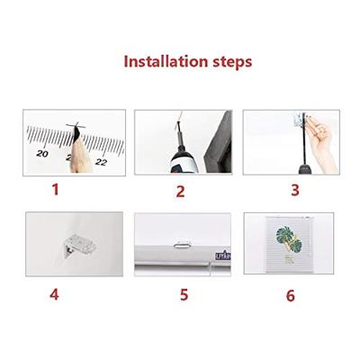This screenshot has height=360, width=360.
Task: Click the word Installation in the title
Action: click(x=166, y=61)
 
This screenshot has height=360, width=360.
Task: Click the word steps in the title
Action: click(x=232, y=62)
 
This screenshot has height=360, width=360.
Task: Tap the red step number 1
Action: click(x=55, y=190)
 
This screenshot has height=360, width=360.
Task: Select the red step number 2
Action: click(x=180, y=192)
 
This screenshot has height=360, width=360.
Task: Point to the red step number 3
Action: click(x=295, y=190)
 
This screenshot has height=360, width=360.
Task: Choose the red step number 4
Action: click(x=54, y=294)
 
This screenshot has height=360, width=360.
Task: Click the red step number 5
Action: click(x=184, y=294)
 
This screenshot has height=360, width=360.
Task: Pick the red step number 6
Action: click(x=291, y=295)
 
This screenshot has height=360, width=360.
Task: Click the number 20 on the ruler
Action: click(x=42, y=154)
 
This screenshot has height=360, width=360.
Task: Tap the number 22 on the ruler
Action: click(x=102, y=162)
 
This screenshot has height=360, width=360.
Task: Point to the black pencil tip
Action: click(x=76, y=133)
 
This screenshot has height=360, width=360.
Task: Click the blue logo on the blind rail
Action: click(x=223, y=256)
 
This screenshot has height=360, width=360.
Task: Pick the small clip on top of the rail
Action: click(x=182, y=245)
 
